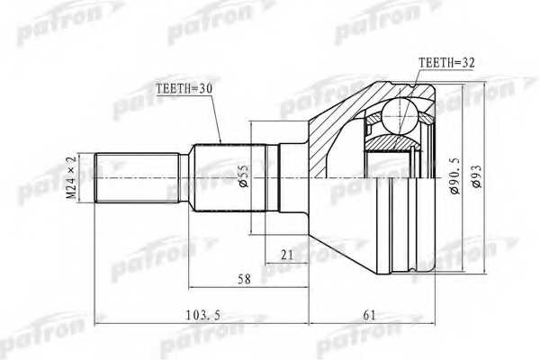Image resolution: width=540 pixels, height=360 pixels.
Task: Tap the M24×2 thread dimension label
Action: pyautogui.click(x=74, y=176)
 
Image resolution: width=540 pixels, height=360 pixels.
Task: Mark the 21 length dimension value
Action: pyautogui.click(x=286, y=256)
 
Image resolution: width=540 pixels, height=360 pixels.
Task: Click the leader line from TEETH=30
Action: pyautogui.click(x=216, y=117)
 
